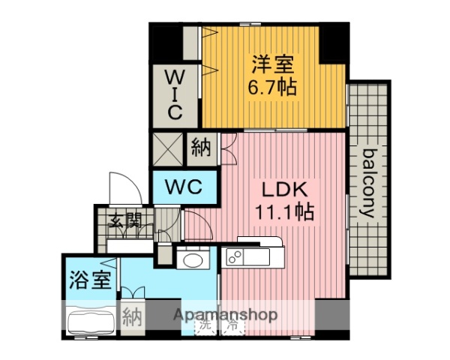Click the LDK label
[x=280, y=187]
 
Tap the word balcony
[x=368, y=183]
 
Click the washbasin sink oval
[x=194, y=259]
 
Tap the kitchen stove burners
[x=234, y=257]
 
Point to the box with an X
[x=167, y=148]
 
